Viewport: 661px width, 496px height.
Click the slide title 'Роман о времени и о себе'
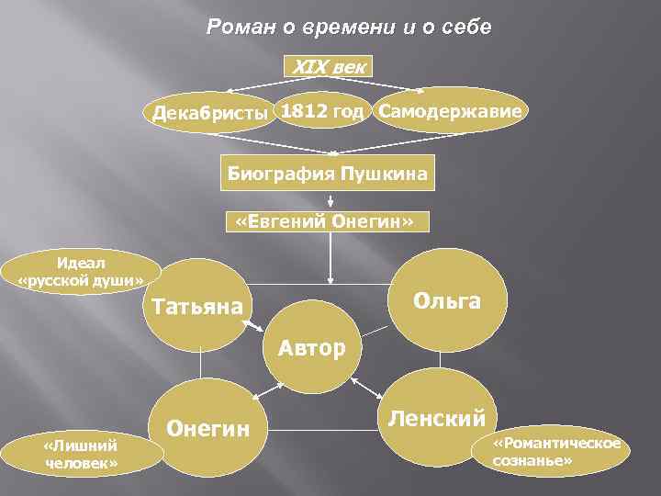349,28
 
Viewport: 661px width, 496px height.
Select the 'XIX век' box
330,66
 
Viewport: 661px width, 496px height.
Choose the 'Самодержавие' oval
452,111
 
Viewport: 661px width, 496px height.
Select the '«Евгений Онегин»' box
326,223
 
